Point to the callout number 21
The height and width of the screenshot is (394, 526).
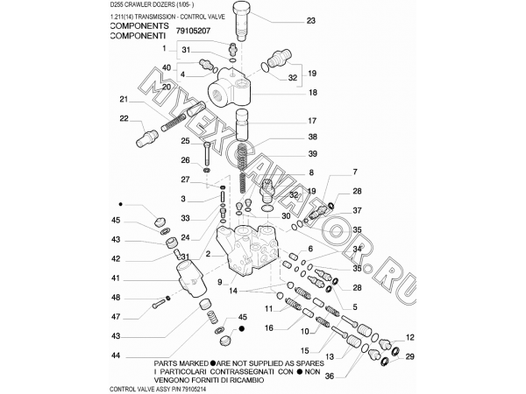pos(124,99)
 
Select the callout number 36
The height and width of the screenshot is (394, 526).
pos(329,377)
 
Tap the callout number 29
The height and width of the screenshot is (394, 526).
pos(409,355)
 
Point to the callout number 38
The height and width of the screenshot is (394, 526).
pos(312,137)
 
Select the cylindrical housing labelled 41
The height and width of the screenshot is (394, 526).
pos(188,281)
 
